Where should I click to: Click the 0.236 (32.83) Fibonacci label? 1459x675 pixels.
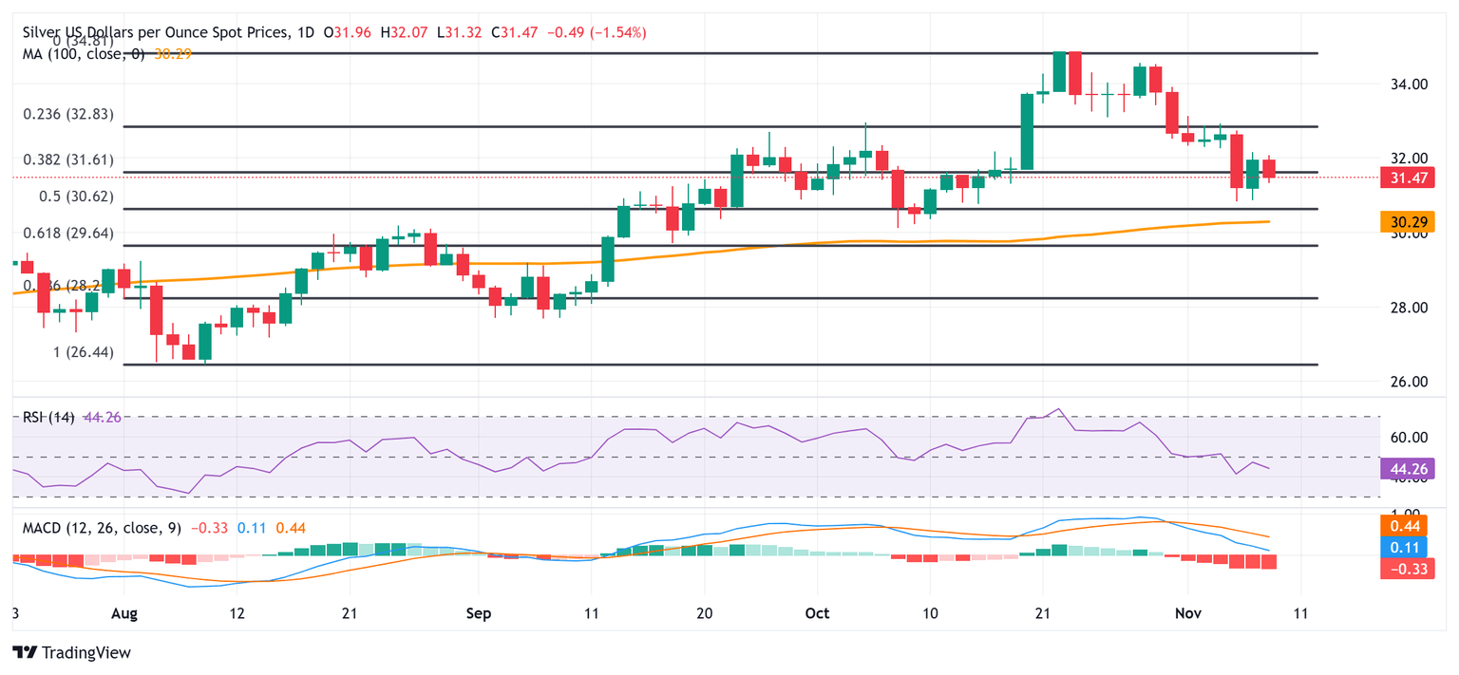(67, 114)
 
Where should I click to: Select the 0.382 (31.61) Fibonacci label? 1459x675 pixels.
(67, 159)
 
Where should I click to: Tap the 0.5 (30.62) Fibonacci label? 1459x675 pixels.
(67, 197)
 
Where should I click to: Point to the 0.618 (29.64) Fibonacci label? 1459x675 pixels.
(67, 233)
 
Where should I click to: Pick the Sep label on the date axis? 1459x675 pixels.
(479, 614)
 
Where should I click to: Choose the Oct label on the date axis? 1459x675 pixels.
(817, 614)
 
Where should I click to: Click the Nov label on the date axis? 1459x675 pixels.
(1188, 614)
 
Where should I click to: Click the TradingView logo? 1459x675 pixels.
(71, 653)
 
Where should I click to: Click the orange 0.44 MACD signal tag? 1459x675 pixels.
(1406, 527)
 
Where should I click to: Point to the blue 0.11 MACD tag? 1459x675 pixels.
(1406, 548)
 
